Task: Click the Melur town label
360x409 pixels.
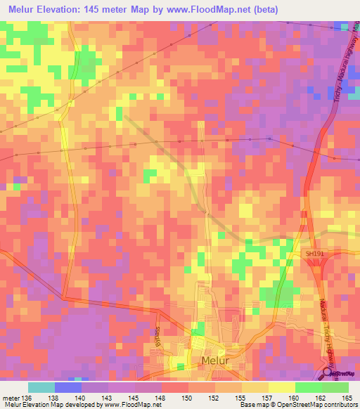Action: click(215, 361)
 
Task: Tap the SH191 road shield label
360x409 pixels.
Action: click(312, 252)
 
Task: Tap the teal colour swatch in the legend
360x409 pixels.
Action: click(41, 387)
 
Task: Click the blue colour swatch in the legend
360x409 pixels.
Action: click(68, 387)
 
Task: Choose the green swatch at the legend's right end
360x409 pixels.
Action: click(335, 387)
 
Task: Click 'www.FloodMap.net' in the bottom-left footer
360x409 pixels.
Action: click(127, 405)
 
